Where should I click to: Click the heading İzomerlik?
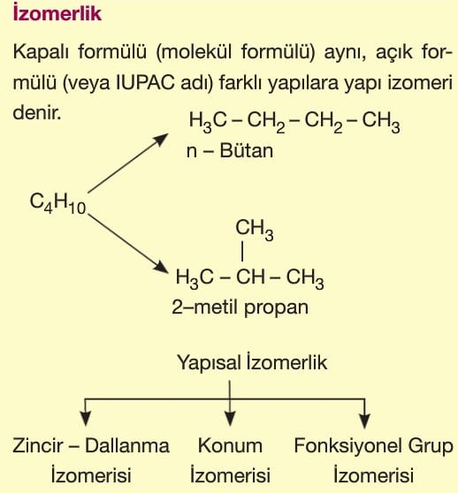pos(57,13)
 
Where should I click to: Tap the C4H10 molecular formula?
pos(57,203)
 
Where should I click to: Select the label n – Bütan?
pos(230,150)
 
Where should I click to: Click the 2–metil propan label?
pos(240,307)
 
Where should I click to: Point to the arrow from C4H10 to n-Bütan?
pos(127,163)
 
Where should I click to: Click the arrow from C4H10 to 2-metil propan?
pos(127,243)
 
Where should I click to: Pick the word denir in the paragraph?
pos(37,112)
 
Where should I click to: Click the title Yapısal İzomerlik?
pos(252,362)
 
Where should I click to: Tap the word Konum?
pos(230,446)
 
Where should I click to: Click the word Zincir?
pos(38,446)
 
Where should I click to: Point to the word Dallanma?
pos(127,446)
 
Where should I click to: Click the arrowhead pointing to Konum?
pos(230,419)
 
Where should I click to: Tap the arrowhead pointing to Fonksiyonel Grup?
pos(364,421)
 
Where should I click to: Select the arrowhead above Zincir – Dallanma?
pos(86,419)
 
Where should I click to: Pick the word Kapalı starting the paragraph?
pos(41,52)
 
